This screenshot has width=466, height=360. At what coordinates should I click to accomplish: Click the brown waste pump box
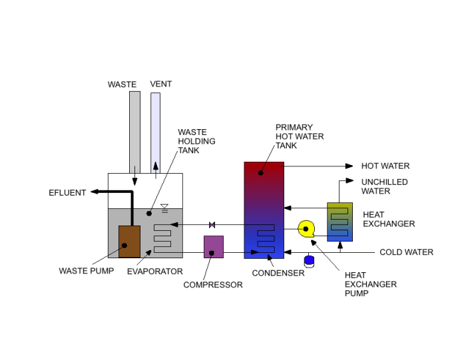coord(129,241)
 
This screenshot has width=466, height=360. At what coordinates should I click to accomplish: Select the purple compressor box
coord(213,247)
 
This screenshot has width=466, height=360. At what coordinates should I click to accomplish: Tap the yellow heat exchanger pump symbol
coord(306,229)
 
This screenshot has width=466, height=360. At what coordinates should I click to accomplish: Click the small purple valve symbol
coord(212,224)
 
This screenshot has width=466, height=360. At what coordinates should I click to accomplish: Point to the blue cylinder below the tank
coord(309,260)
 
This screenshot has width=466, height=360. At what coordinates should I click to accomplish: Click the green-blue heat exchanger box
coord(339,222)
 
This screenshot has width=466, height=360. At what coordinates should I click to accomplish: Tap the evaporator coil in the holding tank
coord(162,238)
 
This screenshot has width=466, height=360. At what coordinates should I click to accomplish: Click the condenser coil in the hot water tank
coord(266,238)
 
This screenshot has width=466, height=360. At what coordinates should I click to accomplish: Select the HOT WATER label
coord(385,166)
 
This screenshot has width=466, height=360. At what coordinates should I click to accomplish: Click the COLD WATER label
coord(406,252)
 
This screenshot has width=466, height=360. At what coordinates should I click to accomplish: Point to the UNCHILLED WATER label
coord(384,186)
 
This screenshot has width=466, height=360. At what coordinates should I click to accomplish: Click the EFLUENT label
coord(67,193)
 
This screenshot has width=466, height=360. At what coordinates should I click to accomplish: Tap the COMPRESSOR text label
coord(213,285)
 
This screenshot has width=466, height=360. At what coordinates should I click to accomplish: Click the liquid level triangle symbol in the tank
coord(164,207)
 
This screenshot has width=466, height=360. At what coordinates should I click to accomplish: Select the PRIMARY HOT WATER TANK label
coord(300,136)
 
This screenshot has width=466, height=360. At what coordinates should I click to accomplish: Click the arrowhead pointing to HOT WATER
coord(349,166)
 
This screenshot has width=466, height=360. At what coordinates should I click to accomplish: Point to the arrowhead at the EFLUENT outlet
coord(95,192)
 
